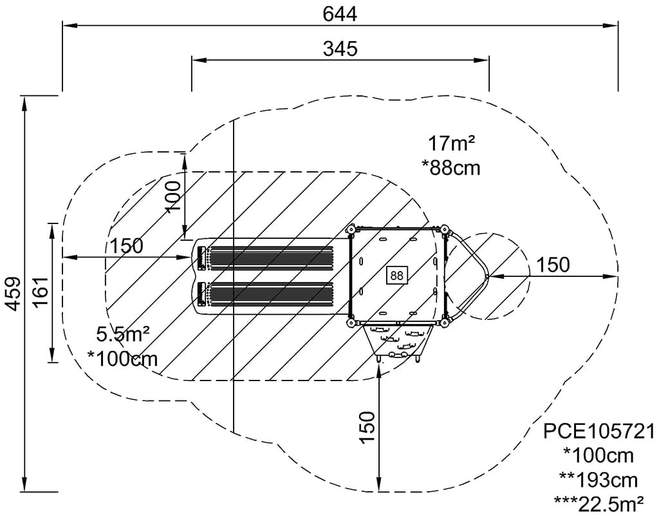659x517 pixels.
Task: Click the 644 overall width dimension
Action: [x=340, y=14]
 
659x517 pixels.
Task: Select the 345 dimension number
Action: [x=340, y=49]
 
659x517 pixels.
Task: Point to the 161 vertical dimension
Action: [x=42, y=292]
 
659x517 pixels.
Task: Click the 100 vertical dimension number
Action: [x=172, y=196]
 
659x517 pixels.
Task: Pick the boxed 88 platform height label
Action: [x=396, y=276]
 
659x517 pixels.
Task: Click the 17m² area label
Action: [x=451, y=144]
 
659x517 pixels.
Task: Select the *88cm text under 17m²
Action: [x=451, y=167]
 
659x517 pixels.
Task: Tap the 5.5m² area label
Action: [x=123, y=334]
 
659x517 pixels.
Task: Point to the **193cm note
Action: [x=599, y=480]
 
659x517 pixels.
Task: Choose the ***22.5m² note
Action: [x=599, y=503]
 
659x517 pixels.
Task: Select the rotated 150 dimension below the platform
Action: [x=367, y=427]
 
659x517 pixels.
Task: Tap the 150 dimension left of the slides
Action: [x=127, y=246]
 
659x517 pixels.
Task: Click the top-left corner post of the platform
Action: [x=350, y=230]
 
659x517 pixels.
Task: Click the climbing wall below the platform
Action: [x=398, y=343]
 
